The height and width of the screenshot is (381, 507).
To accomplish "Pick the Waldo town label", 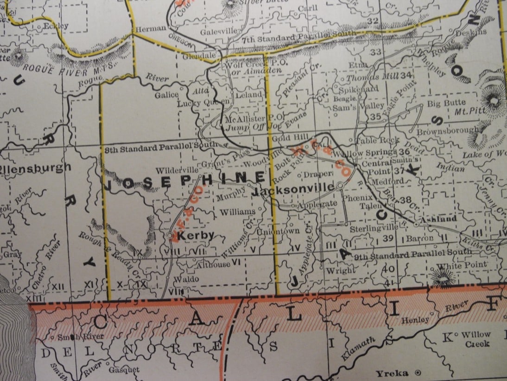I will click(187, 279).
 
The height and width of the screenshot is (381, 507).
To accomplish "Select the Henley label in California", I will click(413, 320).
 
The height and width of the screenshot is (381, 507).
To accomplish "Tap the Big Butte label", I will click(446, 103).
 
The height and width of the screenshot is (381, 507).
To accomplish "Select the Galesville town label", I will click(219, 32).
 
